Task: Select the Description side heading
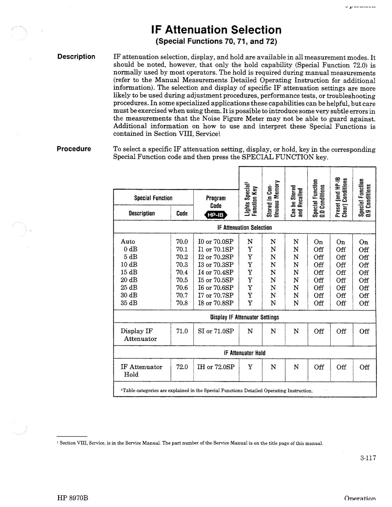click(x=75, y=57)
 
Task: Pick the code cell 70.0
click(x=182, y=242)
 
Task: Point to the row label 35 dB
click(x=129, y=303)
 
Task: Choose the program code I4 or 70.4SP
click(x=216, y=272)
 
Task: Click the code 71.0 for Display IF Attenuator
click(x=182, y=331)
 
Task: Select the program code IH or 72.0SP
click(x=216, y=367)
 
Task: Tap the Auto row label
click(x=128, y=242)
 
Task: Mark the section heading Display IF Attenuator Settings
click(x=245, y=317)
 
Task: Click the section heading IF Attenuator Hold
click(x=245, y=353)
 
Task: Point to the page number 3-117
click(x=367, y=458)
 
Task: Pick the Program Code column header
click(x=216, y=202)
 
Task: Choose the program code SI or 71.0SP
click(x=216, y=331)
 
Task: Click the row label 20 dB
click(x=129, y=280)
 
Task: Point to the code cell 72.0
click(x=182, y=367)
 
